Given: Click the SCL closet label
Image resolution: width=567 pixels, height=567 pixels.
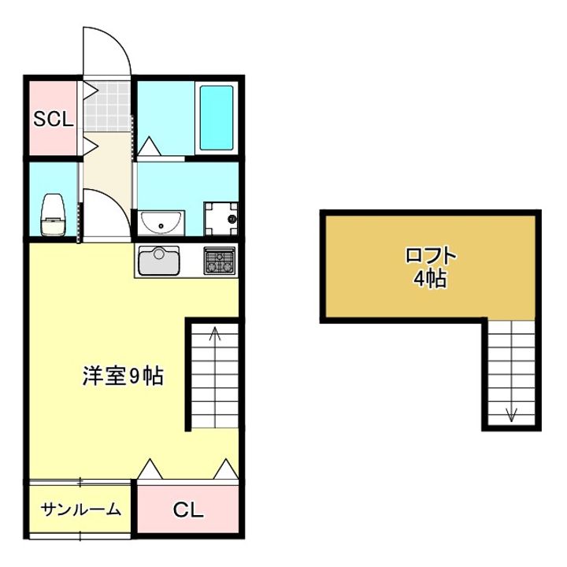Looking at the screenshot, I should [53, 120].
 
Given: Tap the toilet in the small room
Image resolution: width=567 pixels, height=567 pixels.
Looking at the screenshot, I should [53, 214].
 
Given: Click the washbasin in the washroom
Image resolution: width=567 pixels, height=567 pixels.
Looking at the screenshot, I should [161, 223].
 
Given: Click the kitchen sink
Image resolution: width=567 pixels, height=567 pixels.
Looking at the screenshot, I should [159, 261].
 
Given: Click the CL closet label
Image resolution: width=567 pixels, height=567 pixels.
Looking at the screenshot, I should [188, 510].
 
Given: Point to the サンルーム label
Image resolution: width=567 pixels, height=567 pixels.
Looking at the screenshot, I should [81, 509].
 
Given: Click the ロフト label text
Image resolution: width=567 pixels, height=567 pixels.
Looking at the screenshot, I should [431, 256].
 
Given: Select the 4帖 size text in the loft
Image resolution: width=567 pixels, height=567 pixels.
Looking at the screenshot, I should [431, 278].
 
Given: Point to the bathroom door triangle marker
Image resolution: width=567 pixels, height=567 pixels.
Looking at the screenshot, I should [148, 146].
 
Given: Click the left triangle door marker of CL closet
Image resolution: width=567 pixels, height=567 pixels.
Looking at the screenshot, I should [150, 469].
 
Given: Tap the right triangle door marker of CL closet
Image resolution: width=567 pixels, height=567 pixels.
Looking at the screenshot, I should [226, 469].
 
